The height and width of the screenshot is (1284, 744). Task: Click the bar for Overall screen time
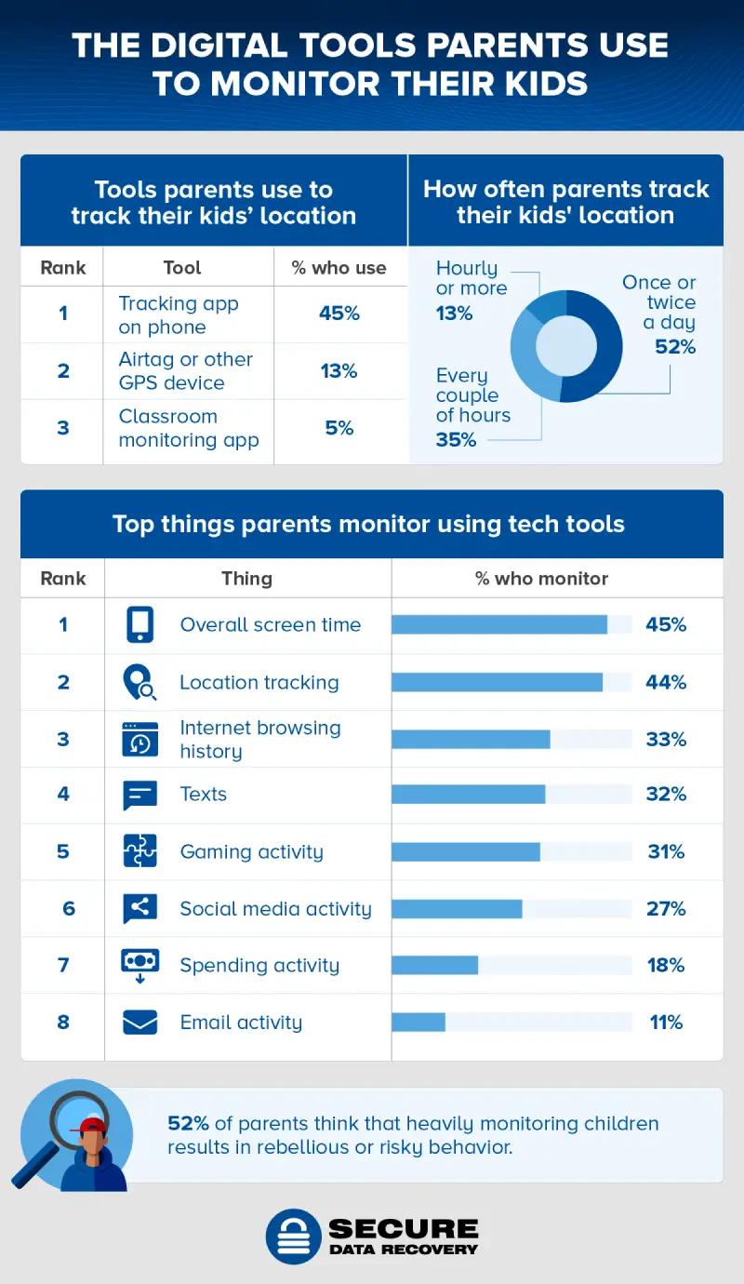pyautogui.click(x=499, y=624)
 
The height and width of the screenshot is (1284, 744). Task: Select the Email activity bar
pyautogui.click(x=418, y=1022)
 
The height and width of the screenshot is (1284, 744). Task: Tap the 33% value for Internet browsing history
pyautogui.click(x=666, y=740)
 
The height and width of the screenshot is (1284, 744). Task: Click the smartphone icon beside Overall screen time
pyautogui.click(x=139, y=625)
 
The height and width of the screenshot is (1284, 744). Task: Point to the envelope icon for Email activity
pyautogui.click(x=139, y=1022)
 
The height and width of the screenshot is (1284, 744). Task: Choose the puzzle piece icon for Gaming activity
pyautogui.click(x=139, y=851)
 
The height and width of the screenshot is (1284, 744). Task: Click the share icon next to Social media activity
pyautogui.click(x=139, y=908)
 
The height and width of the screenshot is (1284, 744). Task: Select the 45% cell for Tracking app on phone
pyautogui.click(x=339, y=314)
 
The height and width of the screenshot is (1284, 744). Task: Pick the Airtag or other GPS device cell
pyautogui.click(x=186, y=371)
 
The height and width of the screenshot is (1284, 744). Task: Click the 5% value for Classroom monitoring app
pyautogui.click(x=339, y=428)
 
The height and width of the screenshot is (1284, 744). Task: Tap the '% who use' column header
pyautogui.click(x=339, y=268)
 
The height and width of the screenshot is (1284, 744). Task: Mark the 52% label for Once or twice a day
pyautogui.click(x=675, y=347)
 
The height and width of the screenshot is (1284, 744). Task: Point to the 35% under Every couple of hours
pyautogui.click(x=456, y=439)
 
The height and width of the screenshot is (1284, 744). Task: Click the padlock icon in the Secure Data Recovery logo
pyautogui.click(x=293, y=1237)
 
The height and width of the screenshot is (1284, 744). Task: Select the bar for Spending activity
pyautogui.click(x=434, y=965)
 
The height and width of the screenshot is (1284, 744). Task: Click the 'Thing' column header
pyautogui.click(x=246, y=578)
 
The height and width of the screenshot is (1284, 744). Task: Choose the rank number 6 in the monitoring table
pyautogui.click(x=69, y=908)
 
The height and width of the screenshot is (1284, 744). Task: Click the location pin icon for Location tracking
pyautogui.click(x=139, y=683)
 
